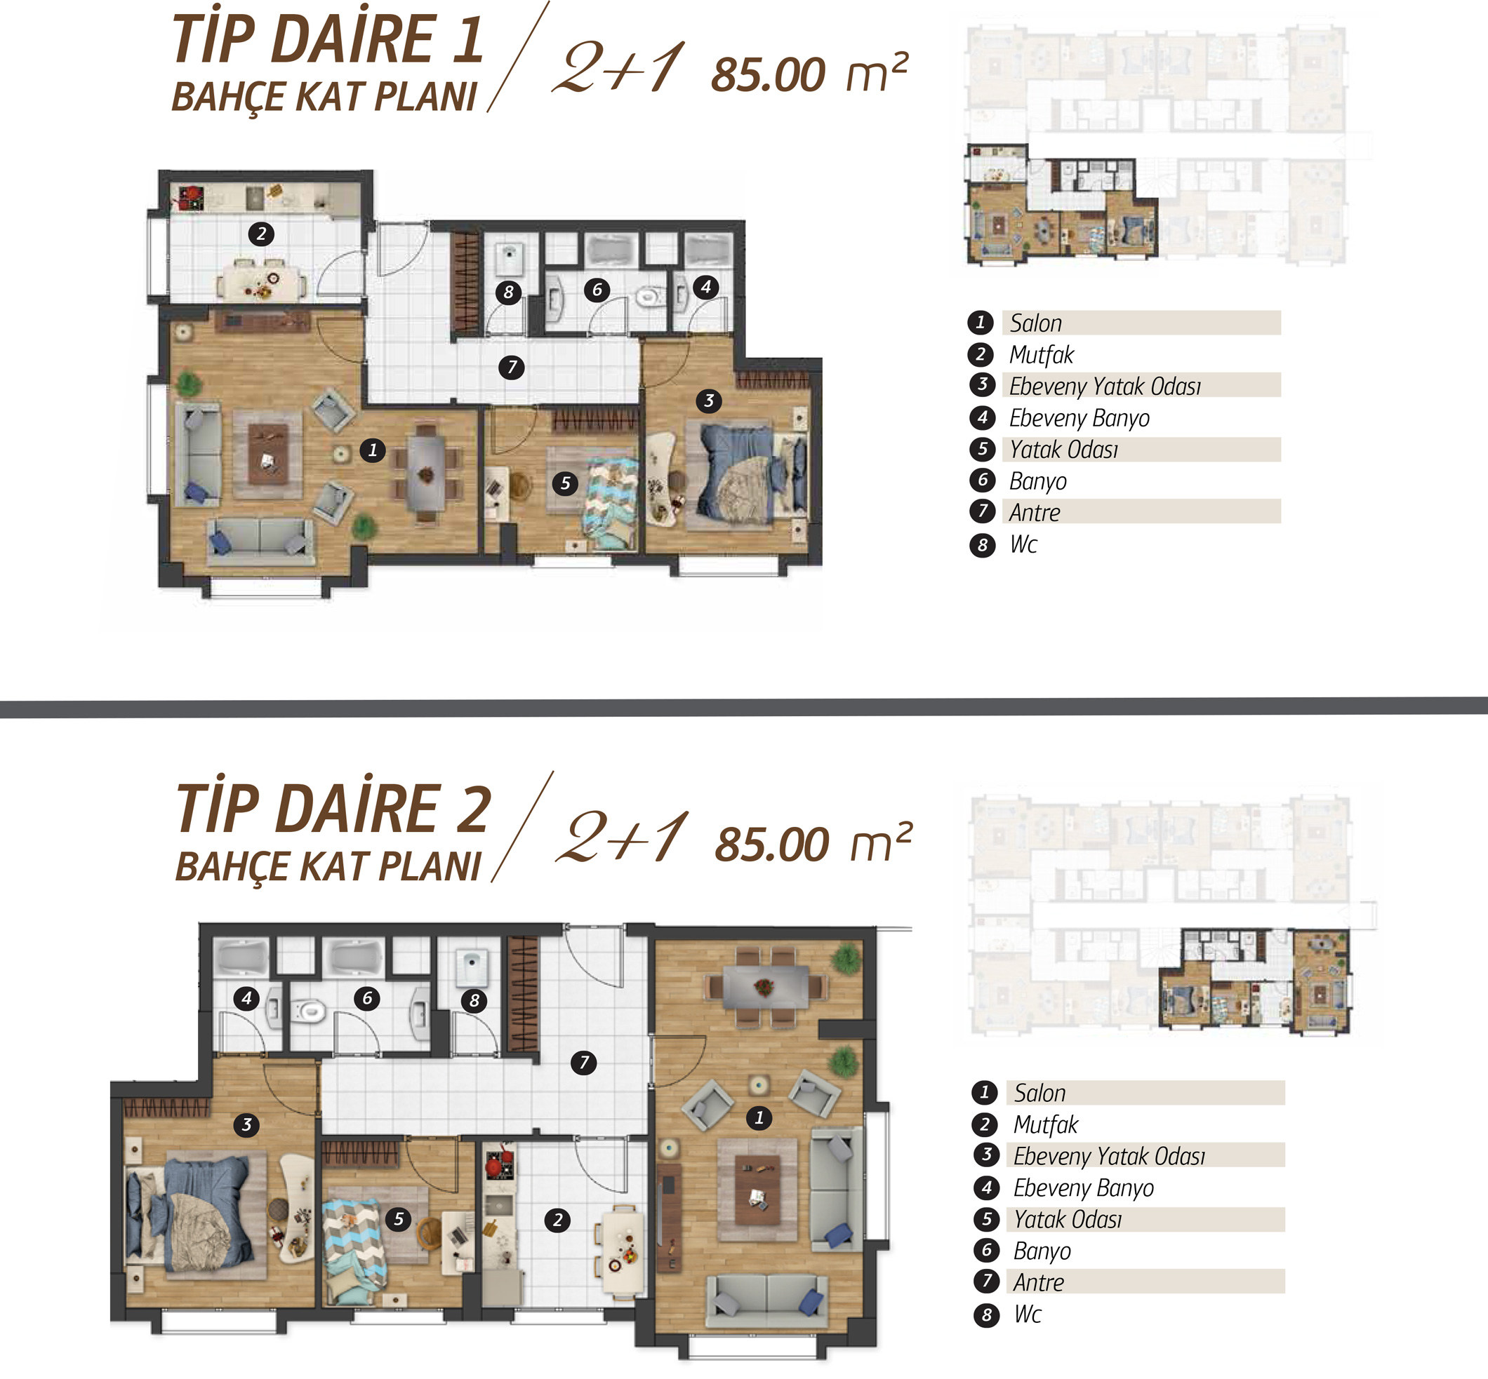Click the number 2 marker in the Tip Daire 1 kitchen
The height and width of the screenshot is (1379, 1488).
click(x=260, y=234)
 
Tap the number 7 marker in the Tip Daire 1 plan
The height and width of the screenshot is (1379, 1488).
click(x=512, y=367)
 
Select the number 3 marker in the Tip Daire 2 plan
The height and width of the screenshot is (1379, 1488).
click(x=246, y=1124)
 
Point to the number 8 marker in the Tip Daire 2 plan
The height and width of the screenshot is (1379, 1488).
click(x=474, y=1001)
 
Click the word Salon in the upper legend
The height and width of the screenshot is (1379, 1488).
click(x=1035, y=323)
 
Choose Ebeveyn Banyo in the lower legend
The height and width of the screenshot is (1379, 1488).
click(x=1083, y=1188)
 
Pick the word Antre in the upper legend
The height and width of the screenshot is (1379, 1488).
click(x=1034, y=513)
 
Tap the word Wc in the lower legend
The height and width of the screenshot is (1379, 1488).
click(x=1028, y=1314)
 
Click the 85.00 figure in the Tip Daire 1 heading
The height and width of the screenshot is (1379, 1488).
click(x=769, y=74)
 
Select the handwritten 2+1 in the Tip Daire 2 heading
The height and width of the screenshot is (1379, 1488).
click(x=623, y=837)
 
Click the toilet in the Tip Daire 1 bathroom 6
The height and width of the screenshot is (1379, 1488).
click(x=647, y=297)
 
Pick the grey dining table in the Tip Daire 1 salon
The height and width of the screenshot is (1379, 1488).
click(x=425, y=472)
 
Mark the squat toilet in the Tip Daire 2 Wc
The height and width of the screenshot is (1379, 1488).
click(x=471, y=968)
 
